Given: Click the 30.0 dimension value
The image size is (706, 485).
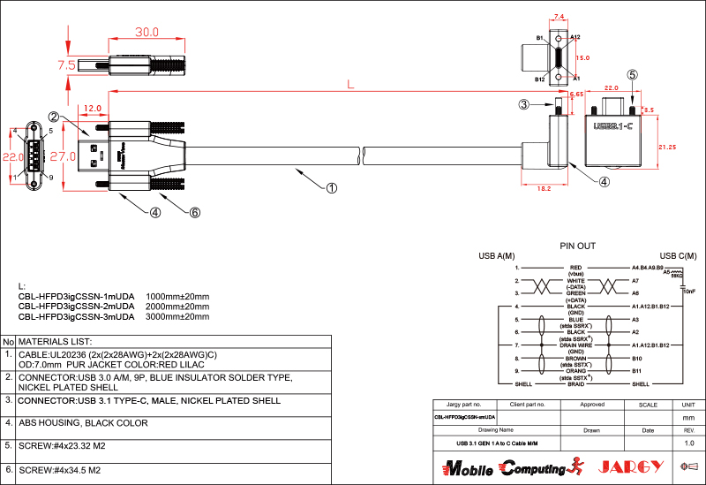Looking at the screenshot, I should coord(146,32).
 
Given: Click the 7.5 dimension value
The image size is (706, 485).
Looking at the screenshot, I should coord(66,65).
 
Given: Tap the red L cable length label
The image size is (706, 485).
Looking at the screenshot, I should coord(350,85).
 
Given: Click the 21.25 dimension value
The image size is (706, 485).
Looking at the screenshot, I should coord(667,147).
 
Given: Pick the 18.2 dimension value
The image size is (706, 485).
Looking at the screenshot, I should coord(544,188).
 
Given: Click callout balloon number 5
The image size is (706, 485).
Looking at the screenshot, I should coord(632,75).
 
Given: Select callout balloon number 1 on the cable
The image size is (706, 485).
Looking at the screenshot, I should coord(332,187).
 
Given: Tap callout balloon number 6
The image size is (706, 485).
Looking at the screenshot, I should coord(195,212).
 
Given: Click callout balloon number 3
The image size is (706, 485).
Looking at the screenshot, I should coord(524,104).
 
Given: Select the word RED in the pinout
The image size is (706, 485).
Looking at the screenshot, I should coord(576,267).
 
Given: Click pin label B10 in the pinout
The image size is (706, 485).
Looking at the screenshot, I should coord(636,359).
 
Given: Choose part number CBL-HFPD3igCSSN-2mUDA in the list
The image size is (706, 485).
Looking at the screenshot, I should coord(76,306).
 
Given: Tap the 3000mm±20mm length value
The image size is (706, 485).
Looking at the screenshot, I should coord(177,315).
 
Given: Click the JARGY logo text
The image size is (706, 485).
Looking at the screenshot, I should coord(630,466).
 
